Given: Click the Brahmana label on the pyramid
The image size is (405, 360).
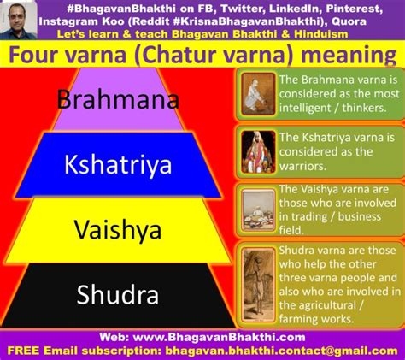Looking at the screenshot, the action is pyautogui.click(x=118, y=99).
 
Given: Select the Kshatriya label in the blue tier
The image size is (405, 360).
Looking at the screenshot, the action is pyautogui.click(x=118, y=165).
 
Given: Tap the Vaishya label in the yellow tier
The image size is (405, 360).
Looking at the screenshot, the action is pyautogui.click(x=118, y=230).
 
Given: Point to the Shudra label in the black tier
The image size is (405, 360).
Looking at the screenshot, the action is pyautogui.click(x=118, y=295).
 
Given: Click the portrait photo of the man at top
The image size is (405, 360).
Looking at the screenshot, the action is pyautogui.click(x=18, y=20).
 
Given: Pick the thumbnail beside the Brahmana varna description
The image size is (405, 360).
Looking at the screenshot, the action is pyautogui.click(x=258, y=94).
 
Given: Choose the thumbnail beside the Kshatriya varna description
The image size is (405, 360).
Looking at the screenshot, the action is pyautogui.click(x=258, y=152).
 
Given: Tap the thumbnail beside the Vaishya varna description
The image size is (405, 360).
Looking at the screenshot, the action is pyautogui.click(x=258, y=210).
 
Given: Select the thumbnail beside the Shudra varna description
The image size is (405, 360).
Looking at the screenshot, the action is pyautogui.click(x=258, y=285).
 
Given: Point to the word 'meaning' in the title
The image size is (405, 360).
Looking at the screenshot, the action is pyautogui.click(x=349, y=55).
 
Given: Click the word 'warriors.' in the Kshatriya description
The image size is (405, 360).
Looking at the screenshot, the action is pyautogui.click(x=302, y=166).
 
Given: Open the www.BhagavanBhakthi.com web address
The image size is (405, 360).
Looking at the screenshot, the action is pyautogui.click(x=220, y=338).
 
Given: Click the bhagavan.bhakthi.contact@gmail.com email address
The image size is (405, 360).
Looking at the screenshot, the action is pyautogui.click(x=281, y=351).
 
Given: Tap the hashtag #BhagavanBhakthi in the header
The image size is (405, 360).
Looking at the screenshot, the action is pyautogui.click(x=121, y=9).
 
